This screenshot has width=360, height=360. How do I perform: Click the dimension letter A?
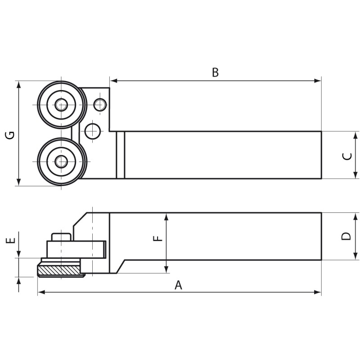178,285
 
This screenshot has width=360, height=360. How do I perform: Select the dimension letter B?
215,72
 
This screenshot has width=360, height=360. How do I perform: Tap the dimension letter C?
347,156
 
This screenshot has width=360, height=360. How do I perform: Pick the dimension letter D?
346,236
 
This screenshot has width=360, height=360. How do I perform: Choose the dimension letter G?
10,134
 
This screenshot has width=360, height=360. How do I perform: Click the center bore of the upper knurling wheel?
61,105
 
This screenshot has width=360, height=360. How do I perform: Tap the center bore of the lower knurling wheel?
61,161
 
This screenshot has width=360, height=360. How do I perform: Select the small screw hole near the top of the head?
100,105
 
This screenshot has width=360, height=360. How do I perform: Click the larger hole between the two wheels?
93,131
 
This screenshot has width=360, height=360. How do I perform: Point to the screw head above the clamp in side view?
61,237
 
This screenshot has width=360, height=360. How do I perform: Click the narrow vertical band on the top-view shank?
120,155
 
